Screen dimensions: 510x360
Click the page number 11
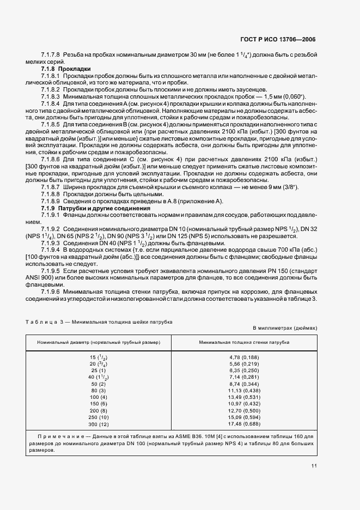[x=314, y=466]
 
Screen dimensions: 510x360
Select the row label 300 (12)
[x=99, y=424]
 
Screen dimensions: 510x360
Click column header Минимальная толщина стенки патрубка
[x=244, y=342]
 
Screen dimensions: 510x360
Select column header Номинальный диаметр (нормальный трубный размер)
[x=99, y=342]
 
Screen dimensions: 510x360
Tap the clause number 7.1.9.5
[x=50, y=271]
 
